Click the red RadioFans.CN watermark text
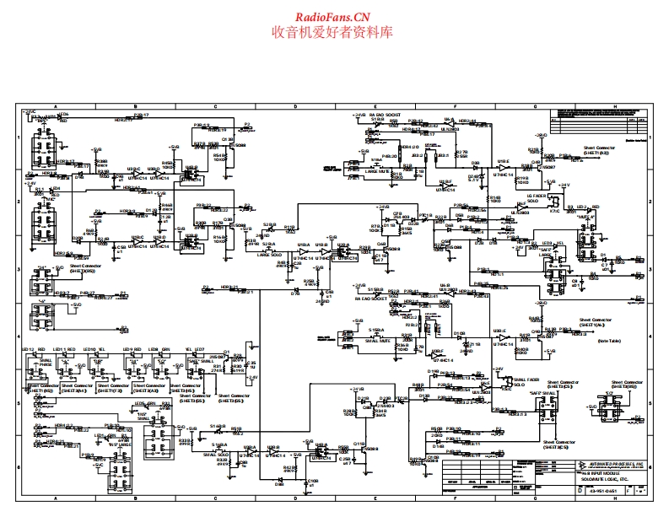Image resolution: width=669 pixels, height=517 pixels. pos(333,17)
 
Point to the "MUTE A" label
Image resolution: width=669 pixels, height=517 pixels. pos(586,217)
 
